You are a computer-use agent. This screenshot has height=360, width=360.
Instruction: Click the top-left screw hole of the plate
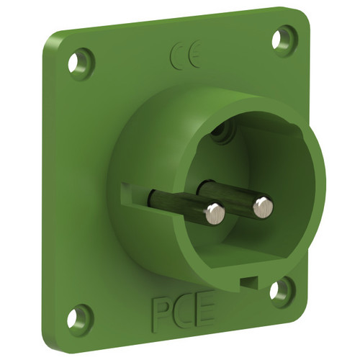point(74,64)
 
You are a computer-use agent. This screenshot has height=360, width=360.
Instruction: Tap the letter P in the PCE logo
point(160,312)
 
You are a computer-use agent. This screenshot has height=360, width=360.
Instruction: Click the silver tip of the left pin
point(215,214)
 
